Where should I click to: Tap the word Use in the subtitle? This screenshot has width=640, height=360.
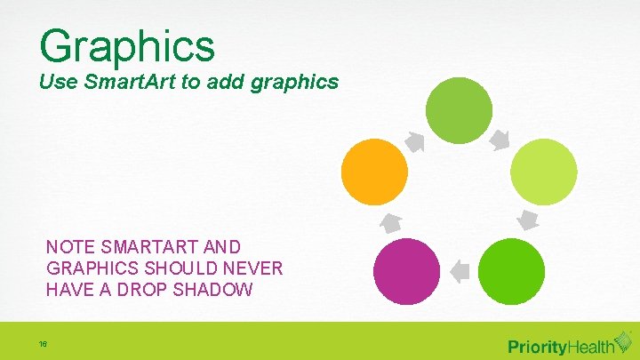tap(56, 83)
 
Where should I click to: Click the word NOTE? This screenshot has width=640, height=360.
tap(68, 246)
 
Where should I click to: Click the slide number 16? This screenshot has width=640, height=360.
tap(43, 344)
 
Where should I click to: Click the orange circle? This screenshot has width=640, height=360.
tap(374, 172)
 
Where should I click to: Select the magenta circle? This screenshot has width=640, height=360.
tap(406, 272)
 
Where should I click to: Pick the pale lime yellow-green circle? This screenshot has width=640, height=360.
tap(545, 171)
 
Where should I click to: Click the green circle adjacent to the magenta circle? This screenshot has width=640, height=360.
tap(511, 272)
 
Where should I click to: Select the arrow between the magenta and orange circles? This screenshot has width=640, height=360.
tap(391, 222)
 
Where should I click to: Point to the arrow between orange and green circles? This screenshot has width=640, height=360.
tap(415, 140)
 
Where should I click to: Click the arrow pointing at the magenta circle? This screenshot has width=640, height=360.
tap(459, 269)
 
